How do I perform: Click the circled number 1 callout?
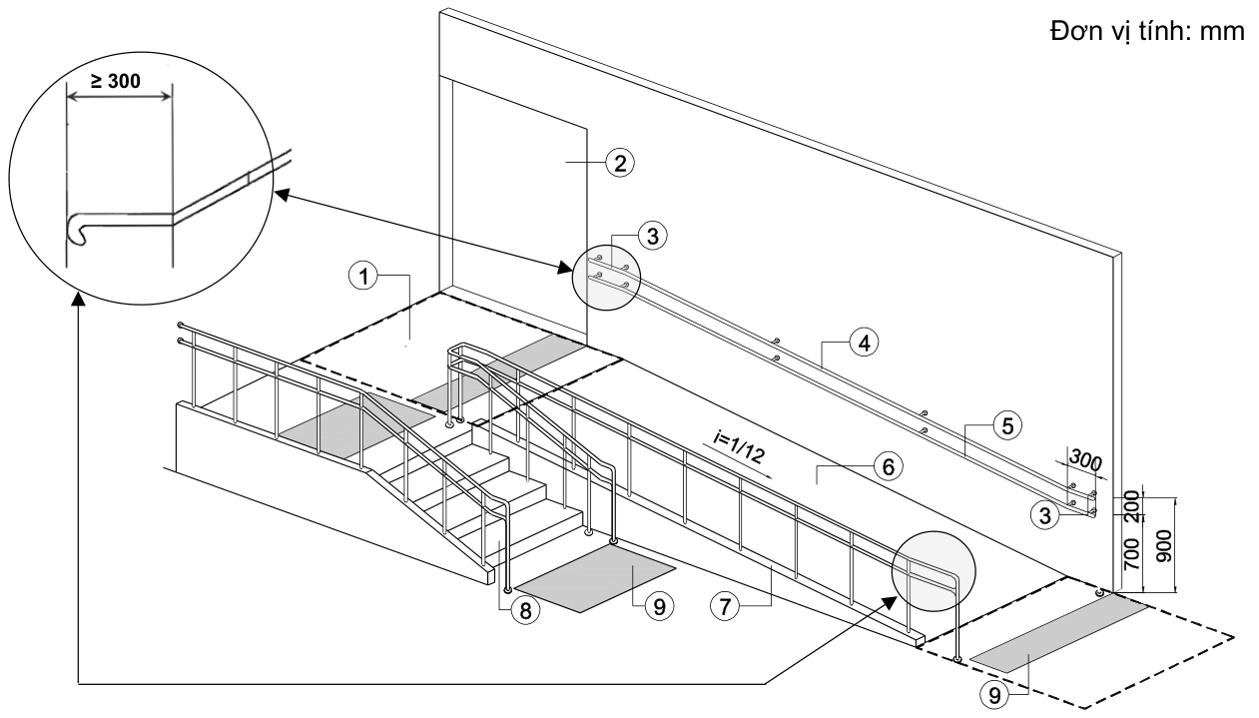(x=363, y=276)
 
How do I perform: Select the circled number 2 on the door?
(x=619, y=163)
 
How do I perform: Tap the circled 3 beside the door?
(x=653, y=236)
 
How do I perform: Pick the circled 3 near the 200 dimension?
(x=1045, y=515)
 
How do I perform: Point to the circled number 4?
(x=864, y=342)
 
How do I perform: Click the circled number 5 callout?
(x=1007, y=425)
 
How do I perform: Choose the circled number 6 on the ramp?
(x=888, y=466)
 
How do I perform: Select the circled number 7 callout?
(x=725, y=606)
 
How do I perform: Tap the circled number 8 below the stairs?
(x=525, y=609)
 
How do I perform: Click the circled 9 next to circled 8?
(x=659, y=606)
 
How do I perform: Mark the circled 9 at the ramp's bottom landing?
(x=994, y=695)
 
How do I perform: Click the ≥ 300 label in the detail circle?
(x=115, y=82)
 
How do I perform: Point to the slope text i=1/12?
(x=739, y=448)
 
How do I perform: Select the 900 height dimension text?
(x=1163, y=546)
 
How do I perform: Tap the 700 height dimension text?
(x=1131, y=554)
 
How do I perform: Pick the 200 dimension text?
(x=1132, y=506)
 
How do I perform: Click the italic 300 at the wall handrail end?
(x=1084, y=460)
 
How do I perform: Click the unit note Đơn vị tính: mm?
(x=1147, y=32)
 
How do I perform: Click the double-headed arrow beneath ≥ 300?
(x=119, y=97)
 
